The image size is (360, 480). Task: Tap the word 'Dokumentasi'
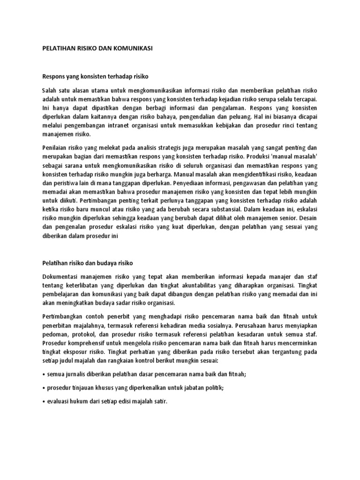coord(62,277)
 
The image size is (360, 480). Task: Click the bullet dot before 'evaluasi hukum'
coord(44,402)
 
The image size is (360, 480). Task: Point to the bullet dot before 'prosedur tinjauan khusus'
coord(44,389)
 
